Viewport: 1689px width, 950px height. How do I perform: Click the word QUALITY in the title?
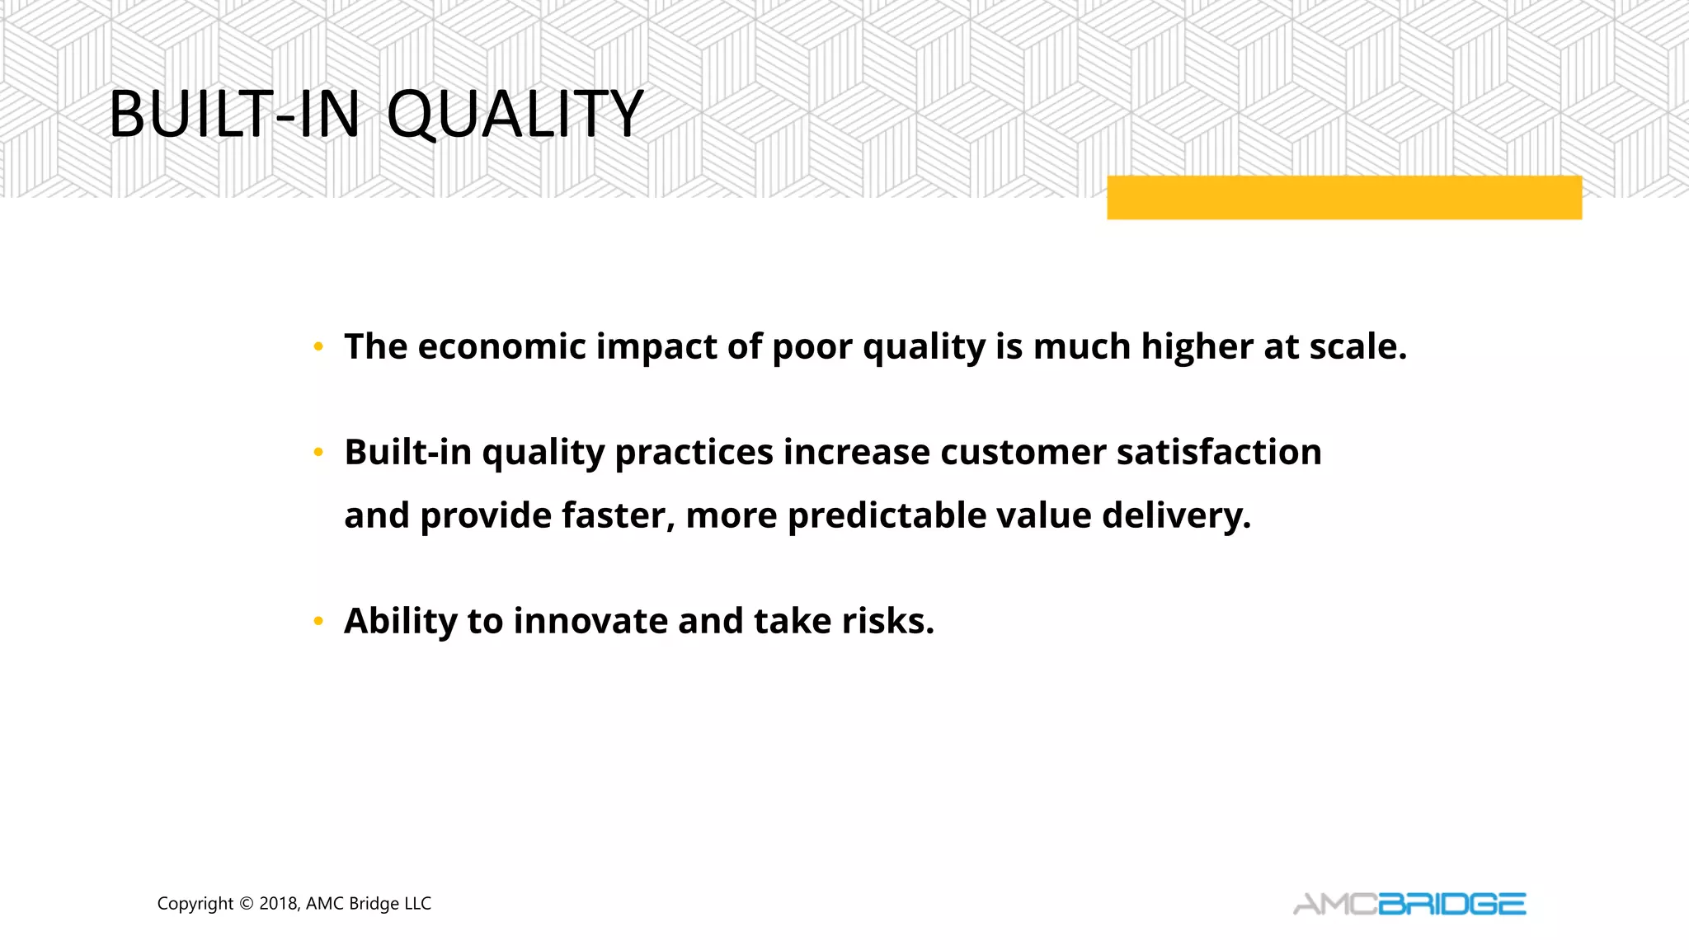pos(515,114)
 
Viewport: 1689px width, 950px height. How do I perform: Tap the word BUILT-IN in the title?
pos(234,114)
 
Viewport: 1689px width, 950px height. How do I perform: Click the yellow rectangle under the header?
pos(1343,198)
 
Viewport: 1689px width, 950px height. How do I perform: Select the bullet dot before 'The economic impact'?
pos(318,347)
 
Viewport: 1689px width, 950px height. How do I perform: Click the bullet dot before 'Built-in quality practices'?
pos(318,453)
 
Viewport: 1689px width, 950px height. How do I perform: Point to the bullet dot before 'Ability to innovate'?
pos(318,622)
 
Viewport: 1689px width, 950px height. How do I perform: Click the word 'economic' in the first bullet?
pos(501,346)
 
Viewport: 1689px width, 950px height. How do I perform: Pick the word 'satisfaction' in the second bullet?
pos(1219,452)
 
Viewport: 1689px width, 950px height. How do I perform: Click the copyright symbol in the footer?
pos(246,904)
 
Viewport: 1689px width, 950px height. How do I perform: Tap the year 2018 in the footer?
pos(278,904)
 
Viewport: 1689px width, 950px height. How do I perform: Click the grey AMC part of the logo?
pos(1335,905)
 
